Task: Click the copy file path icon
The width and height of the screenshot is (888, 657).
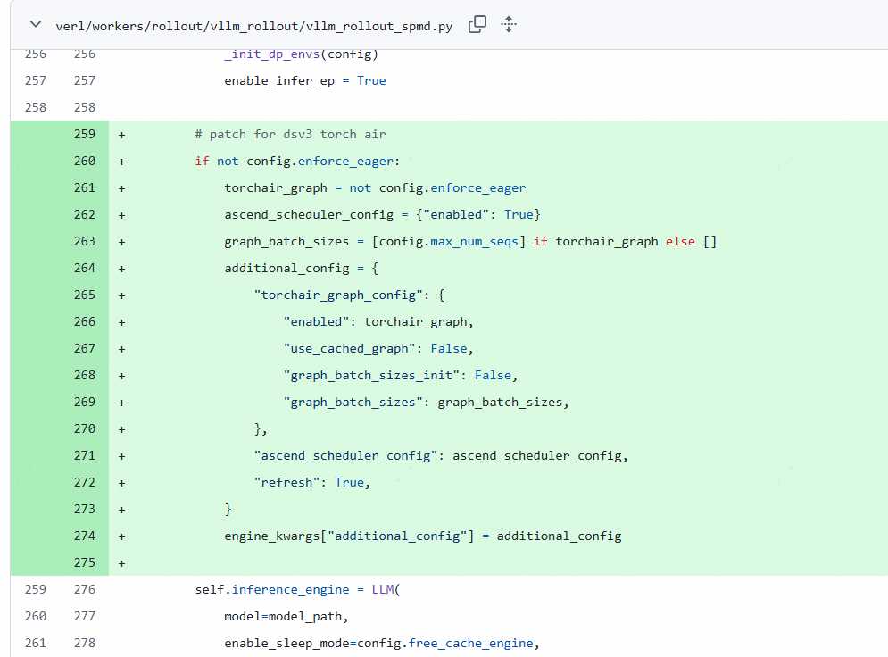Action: [x=477, y=24]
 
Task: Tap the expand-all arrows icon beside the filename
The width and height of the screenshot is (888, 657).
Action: [x=509, y=24]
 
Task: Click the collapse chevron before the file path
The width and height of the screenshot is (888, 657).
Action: [x=36, y=24]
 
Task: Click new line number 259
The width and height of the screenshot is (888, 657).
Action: [x=85, y=134]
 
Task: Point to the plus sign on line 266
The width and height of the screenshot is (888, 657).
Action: [x=121, y=322]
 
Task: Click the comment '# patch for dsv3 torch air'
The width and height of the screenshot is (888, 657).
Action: [x=291, y=135]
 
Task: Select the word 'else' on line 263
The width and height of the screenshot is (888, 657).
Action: [x=680, y=241]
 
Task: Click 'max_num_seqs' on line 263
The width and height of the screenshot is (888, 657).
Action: [x=474, y=242]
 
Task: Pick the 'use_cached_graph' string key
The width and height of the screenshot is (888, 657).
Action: [x=350, y=349]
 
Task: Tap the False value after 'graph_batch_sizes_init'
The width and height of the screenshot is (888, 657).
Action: [x=493, y=376]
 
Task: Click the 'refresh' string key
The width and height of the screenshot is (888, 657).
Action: [x=286, y=483]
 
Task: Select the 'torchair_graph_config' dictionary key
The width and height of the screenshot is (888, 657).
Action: [x=338, y=295]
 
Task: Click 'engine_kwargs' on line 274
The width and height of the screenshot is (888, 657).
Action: [x=272, y=536]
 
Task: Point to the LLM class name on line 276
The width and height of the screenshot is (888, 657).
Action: [x=383, y=589]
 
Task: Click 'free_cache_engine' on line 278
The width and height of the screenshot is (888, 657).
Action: [x=470, y=644]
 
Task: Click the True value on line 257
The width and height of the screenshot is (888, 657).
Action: [x=371, y=80]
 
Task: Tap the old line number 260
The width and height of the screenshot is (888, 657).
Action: [x=35, y=616]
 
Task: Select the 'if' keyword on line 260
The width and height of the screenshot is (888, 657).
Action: [x=202, y=161]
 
